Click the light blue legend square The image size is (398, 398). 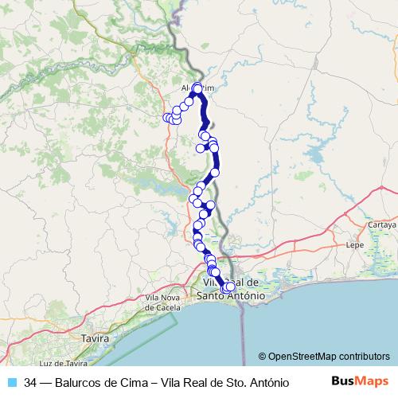tap(11, 382)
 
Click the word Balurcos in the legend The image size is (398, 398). tap(82, 382)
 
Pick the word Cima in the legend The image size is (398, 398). tap(139, 382)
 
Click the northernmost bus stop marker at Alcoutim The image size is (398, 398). tap(197, 87)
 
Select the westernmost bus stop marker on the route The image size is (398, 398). tap(167, 118)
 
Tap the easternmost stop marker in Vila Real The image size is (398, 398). tap(232, 287)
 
